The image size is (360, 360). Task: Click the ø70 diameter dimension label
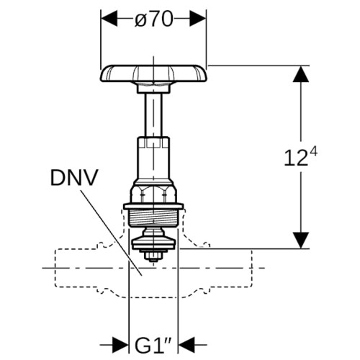154,19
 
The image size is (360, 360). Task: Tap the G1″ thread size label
153,345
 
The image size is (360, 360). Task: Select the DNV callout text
74,178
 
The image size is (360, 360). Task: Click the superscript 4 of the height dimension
313,153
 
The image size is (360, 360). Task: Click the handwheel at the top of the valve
153,73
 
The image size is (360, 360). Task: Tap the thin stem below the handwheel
153,114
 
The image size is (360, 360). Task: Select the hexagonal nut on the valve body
153,194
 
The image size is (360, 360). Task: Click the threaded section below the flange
153,218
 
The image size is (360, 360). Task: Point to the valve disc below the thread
153,240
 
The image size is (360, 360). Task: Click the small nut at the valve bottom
153,257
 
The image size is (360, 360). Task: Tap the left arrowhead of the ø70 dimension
109,18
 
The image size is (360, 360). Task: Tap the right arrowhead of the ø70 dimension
197,18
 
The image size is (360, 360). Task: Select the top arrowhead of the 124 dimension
301,74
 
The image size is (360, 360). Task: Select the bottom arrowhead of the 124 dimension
301,240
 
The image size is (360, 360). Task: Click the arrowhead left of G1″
120,345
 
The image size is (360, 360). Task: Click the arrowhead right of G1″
186,345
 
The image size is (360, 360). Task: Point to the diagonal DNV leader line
111,233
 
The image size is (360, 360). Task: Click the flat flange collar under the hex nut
153,207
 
